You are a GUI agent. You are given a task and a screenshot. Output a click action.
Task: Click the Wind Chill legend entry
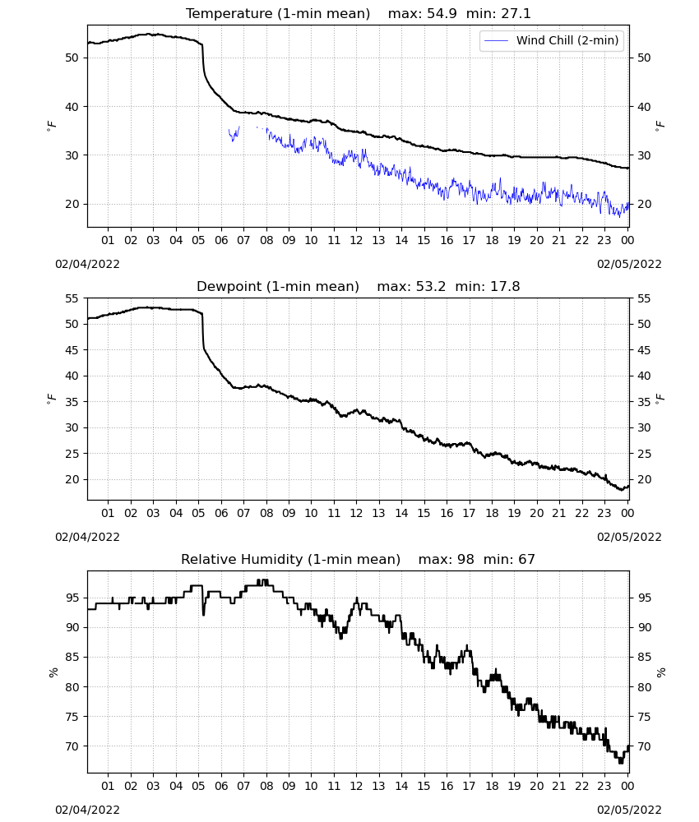(552, 40)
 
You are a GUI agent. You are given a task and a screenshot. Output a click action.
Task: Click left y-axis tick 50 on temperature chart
(72, 58)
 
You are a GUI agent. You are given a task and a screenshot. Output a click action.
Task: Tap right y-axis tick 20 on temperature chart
(644, 204)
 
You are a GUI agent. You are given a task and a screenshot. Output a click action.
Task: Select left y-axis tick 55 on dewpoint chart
(72, 298)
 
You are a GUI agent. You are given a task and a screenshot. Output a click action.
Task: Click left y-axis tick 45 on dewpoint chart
(72, 349)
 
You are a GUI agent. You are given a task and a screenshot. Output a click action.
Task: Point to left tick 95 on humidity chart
(72, 598)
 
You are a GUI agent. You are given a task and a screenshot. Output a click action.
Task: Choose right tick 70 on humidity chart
(644, 746)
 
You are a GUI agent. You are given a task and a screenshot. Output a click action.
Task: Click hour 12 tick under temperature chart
(357, 240)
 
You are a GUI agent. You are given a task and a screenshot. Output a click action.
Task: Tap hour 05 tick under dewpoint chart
(198, 513)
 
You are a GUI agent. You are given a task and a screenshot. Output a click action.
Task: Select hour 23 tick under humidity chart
(604, 786)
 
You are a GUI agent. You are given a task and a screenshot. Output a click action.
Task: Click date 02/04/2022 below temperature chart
(87, 264)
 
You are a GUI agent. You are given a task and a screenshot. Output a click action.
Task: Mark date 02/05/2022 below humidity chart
(629, 810)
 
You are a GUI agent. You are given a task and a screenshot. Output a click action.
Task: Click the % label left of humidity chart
(53, 672)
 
